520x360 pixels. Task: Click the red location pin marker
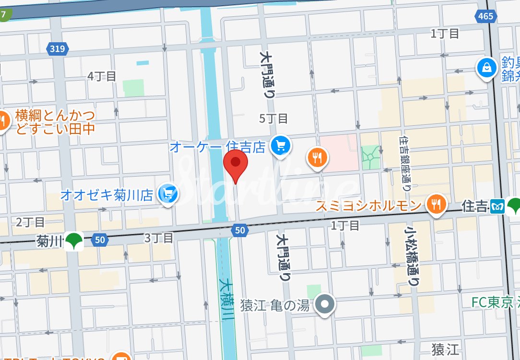coord(236,163)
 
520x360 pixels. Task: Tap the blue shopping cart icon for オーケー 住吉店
coord(280,145)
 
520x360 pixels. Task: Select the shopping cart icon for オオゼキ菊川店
coord(168,194)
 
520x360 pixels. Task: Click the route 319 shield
coord(58,48)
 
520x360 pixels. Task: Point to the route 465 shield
coord(485,16)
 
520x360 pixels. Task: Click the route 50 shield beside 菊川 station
coord(98,240)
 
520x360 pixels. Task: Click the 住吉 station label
coord(474,207)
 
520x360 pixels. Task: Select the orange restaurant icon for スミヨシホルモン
coord(436,205)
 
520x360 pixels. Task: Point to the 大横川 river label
coord(226,300)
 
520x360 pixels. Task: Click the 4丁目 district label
coord(102,76)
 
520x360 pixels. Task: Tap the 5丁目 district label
coord(273,118)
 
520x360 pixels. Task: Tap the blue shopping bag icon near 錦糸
coord(486,68)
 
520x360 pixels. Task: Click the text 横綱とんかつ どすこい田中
coord(55,122)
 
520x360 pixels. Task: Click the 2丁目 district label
coord(30,222)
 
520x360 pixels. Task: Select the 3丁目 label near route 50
coord(159,238)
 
